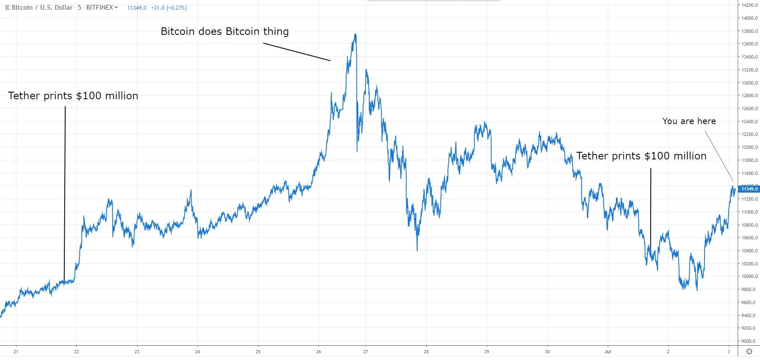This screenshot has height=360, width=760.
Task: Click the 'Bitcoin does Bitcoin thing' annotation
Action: pyautogui.click(x=224, y=32)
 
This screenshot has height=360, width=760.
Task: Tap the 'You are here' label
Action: pyautogui.click(x=689, y=121)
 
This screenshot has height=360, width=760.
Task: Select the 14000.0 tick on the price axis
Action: pyautogui.click(x=749, y=18)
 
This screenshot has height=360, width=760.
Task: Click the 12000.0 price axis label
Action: pyautogui.click(x=749, y=147)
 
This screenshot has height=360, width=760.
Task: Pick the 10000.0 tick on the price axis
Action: pyautogui.click(x=749, y=276)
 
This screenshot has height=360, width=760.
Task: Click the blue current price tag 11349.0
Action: pyautogui.click(x=749, y=189)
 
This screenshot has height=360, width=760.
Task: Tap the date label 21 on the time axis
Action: pyautogui.click(x=16, y=352)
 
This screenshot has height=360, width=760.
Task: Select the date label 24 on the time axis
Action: pyautogui.click(x=198, y=352)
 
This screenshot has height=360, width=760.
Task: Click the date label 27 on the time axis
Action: pyautogui.click(x=366, y=352)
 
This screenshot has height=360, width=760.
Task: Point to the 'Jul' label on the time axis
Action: pyautogui.click(x=608, y=352)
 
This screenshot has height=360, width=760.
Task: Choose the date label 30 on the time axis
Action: pyautogui.click(x=547, y=352)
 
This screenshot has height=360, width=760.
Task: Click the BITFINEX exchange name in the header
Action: pyautogui.click(x=100, y=8)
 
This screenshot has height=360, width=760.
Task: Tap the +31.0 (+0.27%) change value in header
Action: pyautogui.click(x=169, y=8)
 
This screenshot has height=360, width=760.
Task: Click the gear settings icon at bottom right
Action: pyautogui.click(x=749, y=352)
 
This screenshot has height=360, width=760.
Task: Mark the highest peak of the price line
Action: pyautogui.click(x=356, y=34)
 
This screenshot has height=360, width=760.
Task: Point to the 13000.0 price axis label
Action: pyautogui.click(x=749, y=83)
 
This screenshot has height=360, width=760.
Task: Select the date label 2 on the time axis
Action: pyautogui.click(x=668, y=352)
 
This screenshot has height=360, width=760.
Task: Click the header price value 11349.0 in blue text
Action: pyautogui.click(x=137, y=8)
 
